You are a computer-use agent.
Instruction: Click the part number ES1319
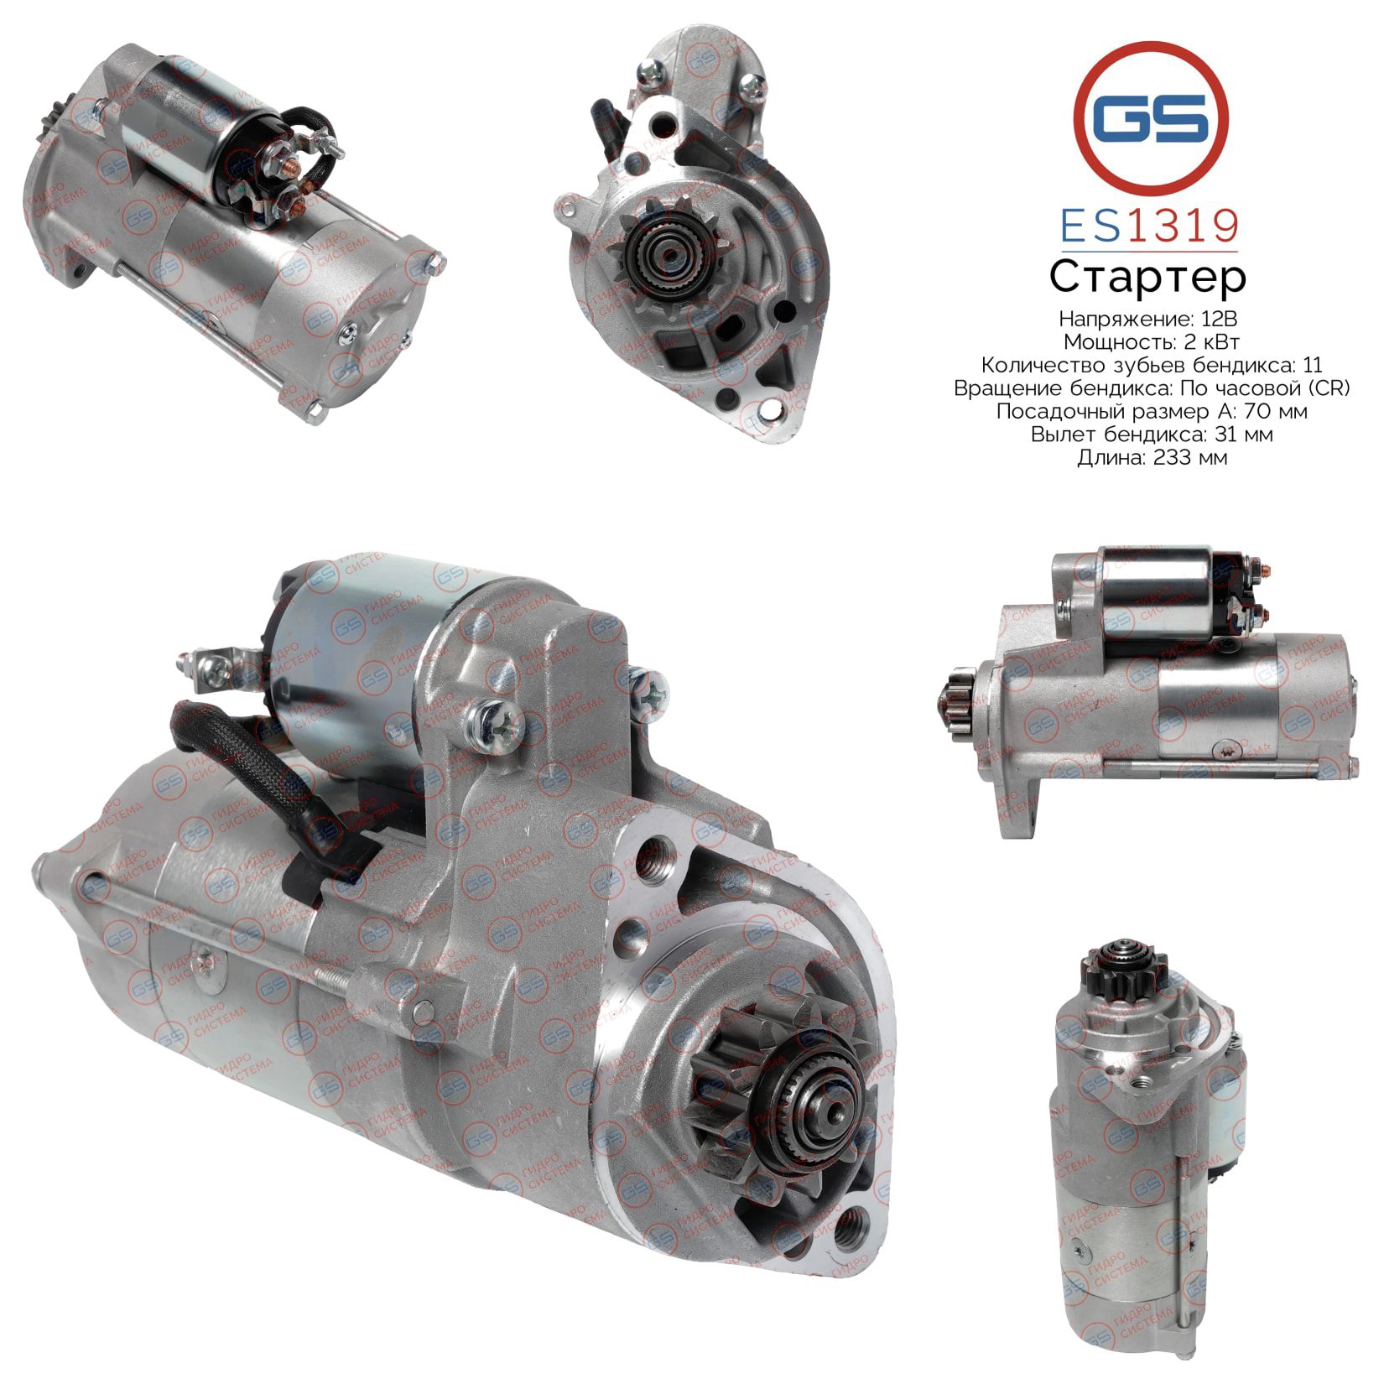click(x=1149, y=226)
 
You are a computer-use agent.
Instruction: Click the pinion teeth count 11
click(x=1314, y=365)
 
